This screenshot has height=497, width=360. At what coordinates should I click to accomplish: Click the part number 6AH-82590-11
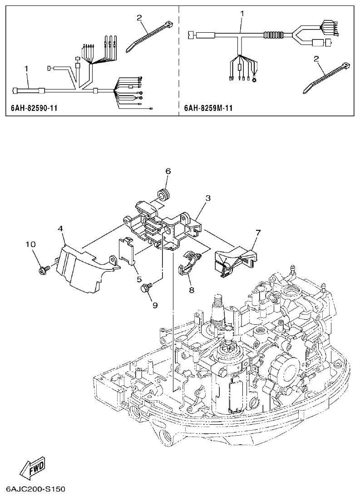click(x=33, y=109)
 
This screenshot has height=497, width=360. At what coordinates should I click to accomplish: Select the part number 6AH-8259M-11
click(x=208, y=109)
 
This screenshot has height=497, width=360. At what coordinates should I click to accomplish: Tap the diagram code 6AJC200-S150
click(x=36, y=490)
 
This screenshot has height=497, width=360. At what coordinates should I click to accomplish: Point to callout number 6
click(x=168, y=171)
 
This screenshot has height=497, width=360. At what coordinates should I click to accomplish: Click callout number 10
click(x=30, y=245)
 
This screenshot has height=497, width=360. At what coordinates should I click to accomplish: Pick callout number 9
click(x=154, y=305)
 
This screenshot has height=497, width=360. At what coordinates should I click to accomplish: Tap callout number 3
click(x=207, y=198)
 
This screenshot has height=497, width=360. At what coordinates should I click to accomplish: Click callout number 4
click(x=60, y=229)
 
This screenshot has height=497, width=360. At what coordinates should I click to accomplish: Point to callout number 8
click(x=191, y=289)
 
